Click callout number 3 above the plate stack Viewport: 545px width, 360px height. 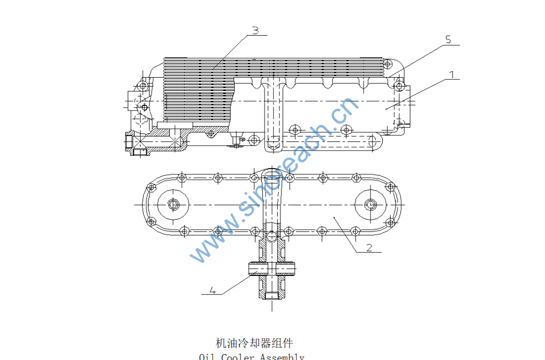pyautogui.click(x=255, y=30)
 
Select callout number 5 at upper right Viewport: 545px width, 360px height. pyautogui.click(x=448, y=39)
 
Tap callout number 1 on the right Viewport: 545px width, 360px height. pyautogui.click(x=451, y=74)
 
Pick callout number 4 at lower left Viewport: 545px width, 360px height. pyautogui.click(x=212, y=290)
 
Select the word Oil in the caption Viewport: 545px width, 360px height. pyautogui.click(x=207, y=357)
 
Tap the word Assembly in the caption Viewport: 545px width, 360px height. pyautogui.click(x=282, y=357)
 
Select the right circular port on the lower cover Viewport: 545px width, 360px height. pyautogui.click(x=371, y=204)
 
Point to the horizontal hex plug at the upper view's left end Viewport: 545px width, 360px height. pyautogui.click(x=129, y=141)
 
